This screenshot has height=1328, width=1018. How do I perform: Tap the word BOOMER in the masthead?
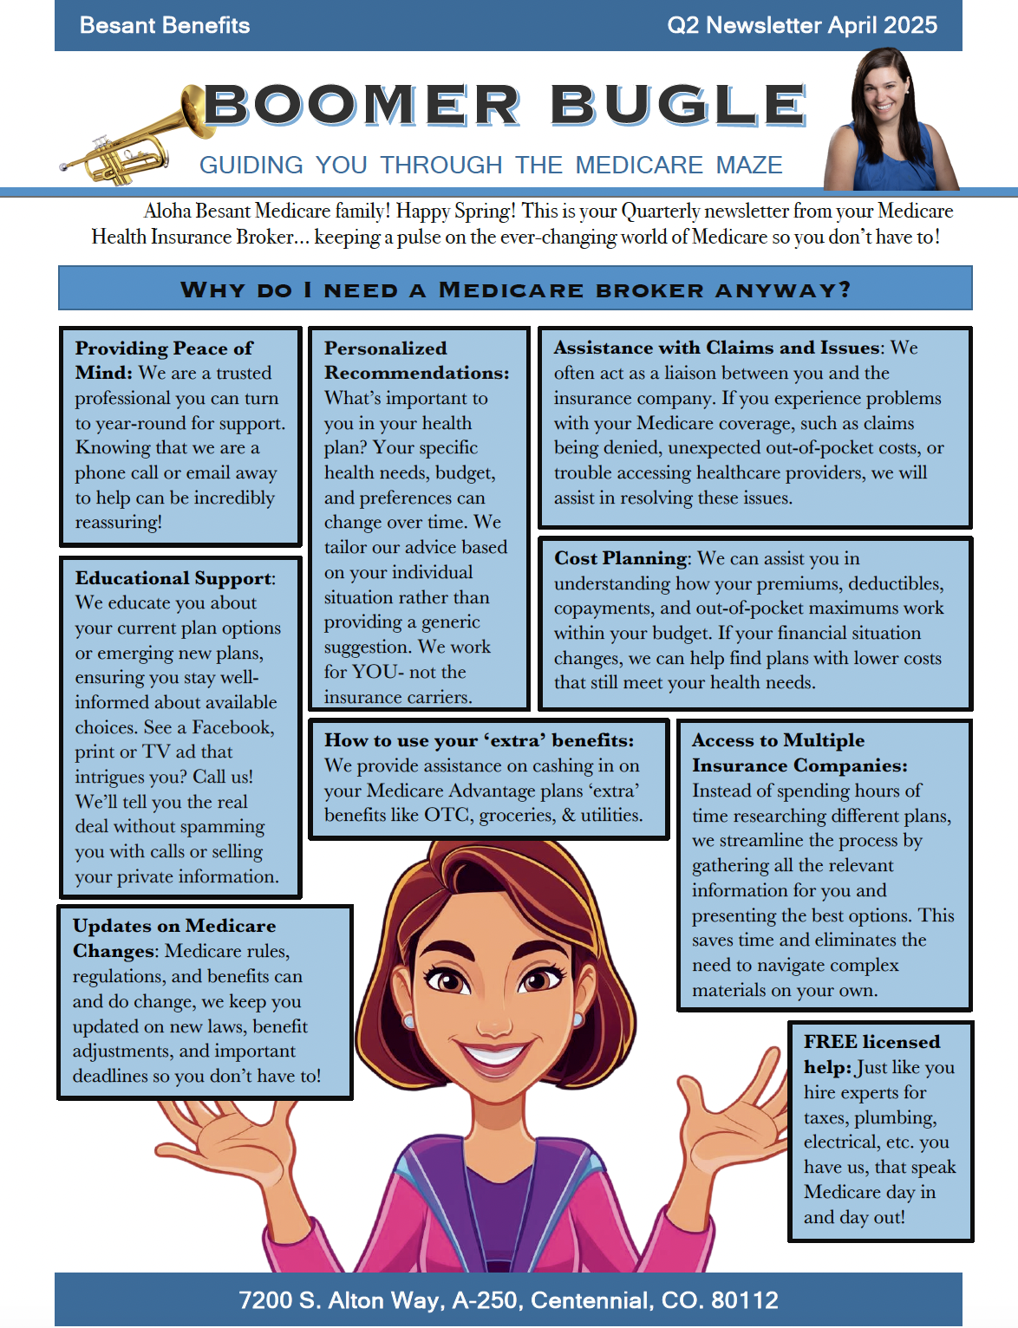pyautogui.click(x=362, y=105)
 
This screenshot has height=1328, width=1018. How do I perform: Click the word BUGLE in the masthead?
pyautogui.click(x=678, y=105)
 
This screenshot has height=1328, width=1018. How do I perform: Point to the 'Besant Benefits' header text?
pyautogui.click(x=165, y=25)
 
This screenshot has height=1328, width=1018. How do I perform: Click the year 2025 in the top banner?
pyautogui.click(x=910, y=25)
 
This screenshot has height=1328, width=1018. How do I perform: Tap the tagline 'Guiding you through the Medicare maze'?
pyautogui.click(x=491, y=165)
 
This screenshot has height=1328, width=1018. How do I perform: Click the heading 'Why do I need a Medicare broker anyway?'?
pyautogui.click(x=515, y=290)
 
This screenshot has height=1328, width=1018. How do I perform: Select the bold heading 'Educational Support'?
pyautogui.click(x=173, y=578)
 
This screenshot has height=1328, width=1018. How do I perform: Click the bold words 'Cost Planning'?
pyautogui.click(x=621, y=558)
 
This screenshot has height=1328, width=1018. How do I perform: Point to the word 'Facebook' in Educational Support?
pyautogui.click(x=232, y=727)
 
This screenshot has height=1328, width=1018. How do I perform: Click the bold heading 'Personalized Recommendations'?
pyautogui.click(x=416, y=361)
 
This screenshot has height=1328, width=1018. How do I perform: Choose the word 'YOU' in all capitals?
pyautogui.click(x=375, y=672)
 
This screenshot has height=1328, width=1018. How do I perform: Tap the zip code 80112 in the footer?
pyautogui.click(x=744, y=1300)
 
